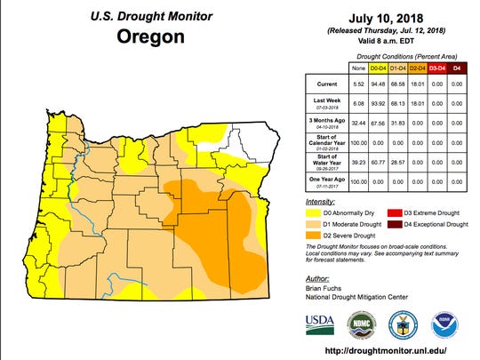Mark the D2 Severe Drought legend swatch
[x=311, y=236]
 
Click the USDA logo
[x=320, y=321]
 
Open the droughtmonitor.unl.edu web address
[x=383, y=350]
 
